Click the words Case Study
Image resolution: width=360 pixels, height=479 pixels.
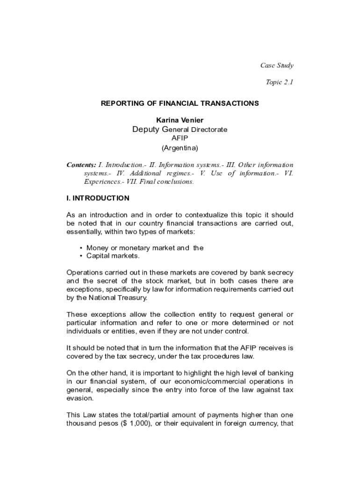point(276,65)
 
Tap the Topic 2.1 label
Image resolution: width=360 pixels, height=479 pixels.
point(279,82)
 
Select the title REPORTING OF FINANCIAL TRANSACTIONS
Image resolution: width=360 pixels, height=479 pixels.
point(180,103)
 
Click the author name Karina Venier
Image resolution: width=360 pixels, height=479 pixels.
point(180,120)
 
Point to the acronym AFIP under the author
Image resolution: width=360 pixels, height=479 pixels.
point(180,138)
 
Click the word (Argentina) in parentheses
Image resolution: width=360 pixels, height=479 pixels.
point(180,148)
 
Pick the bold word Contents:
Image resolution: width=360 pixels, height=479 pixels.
point(81,165)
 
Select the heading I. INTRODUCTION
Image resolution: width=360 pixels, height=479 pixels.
point(98,198)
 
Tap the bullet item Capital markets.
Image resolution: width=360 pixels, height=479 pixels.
point(113,256)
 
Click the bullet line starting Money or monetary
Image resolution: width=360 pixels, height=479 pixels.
point(145,248)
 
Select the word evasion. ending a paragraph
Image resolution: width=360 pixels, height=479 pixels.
point(80,399)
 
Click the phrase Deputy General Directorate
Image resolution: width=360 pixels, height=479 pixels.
point(180,130)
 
